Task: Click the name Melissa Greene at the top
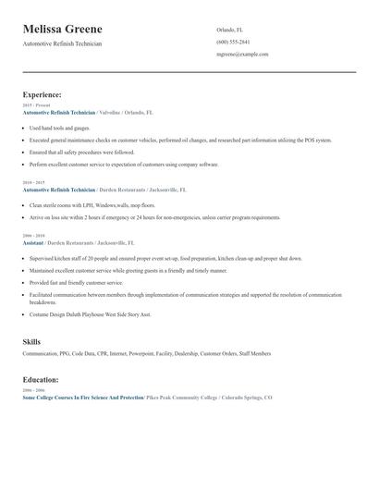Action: pos(63,29)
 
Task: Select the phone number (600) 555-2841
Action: pos(233,42)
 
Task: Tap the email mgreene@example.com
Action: pos(242,54)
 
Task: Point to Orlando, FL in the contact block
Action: pos(229,30)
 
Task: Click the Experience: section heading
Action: pos(43,94)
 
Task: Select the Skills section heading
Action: pos(31,341)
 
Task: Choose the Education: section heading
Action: pos(42,379)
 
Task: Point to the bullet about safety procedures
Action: pos(81,152)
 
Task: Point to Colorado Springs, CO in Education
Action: pos(245,397)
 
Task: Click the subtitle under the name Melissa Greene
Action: pos(63,43)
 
